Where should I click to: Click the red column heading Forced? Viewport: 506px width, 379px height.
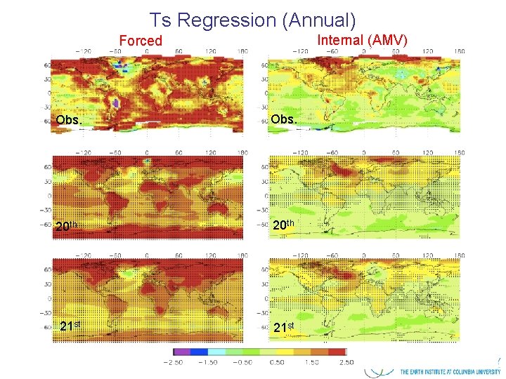pyautogui.click(x=140, y=41)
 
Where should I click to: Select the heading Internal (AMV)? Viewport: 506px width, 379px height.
pyautogui.click(x=362, y=39)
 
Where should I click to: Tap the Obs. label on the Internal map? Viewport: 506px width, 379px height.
pyautogui.click(x=284, y=119)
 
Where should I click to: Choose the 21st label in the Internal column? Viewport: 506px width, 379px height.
pyautogui.click(x=285, y=327)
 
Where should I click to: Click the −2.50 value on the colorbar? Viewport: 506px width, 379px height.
pyautogui.click(x=173, y=362)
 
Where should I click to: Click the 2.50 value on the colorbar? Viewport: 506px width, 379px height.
pyautogui.click(x=345, y=362)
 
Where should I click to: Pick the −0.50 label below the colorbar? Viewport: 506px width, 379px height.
pyautogui.click(x=242, y=362)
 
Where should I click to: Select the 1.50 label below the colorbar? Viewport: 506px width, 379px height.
pyautogui.click(x=311, y=362)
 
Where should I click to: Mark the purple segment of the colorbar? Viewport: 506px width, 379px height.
pyautogui.click(x=181, y=352)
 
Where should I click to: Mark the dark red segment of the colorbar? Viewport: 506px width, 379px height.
pyautogui.click(x=336, y=352)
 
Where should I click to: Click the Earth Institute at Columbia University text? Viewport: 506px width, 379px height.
pyautogui.click(x=450, y=371)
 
